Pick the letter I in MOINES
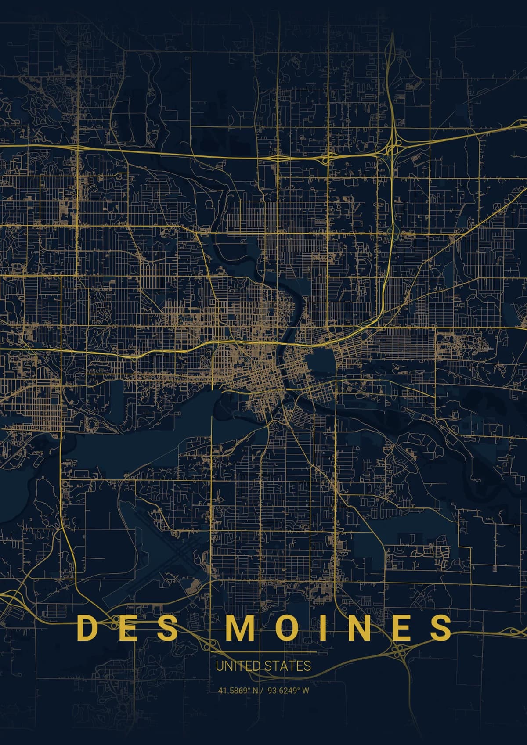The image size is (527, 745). pos(323,628)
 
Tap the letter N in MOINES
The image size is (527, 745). pos(359,628)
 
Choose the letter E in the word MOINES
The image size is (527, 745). pos(401,628)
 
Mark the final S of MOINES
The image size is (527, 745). pos(440,628)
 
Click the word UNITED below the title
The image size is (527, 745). pos(235,666)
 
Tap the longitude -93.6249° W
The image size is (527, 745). pos(286,691)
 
